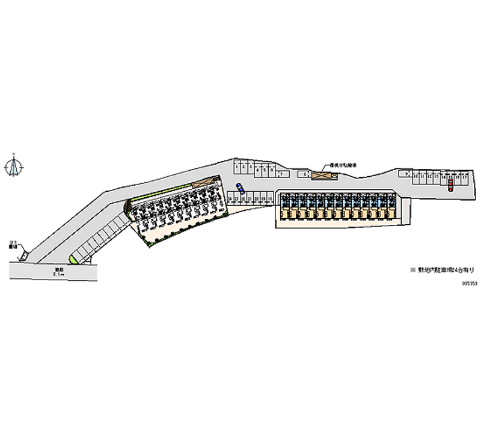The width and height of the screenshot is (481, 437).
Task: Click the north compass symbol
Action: click(13, 167)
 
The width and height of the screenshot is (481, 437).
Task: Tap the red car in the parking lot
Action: click(449, 185)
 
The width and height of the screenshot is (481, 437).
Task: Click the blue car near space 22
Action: click(240, 188)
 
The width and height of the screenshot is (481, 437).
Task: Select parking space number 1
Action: click(237, 166)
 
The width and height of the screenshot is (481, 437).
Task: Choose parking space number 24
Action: click(229, 198)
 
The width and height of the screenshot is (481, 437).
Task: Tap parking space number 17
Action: click(464, 177)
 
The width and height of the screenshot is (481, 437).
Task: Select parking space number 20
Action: click(257, 198)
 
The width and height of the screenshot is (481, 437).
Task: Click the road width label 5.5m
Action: click(59, 275)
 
